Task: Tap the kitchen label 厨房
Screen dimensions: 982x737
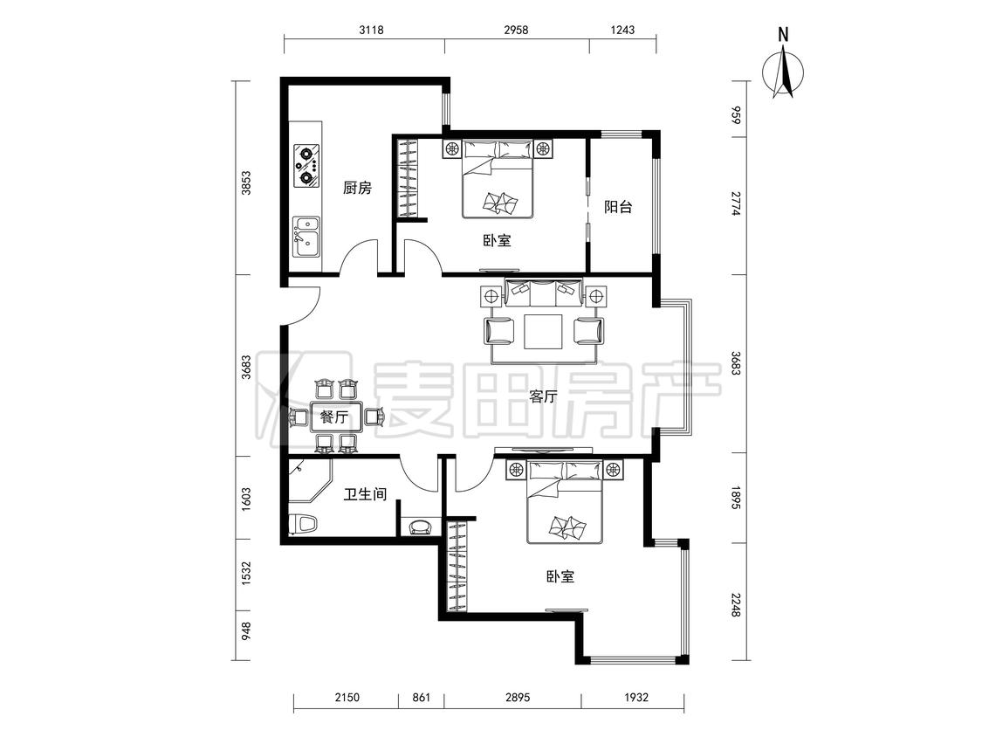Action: [358, 188]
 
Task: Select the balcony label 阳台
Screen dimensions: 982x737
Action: [618, 207]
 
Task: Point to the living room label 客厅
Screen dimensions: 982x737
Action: [543, 396]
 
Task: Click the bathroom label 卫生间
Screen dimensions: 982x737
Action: [365, 494]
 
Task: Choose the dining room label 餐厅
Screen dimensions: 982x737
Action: [334, 417]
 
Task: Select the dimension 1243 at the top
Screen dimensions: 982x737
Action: [622, 30]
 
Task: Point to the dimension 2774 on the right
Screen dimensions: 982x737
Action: [735, 203]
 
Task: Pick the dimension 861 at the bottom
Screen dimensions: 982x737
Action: [422, 697]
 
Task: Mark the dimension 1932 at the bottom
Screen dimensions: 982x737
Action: [635, 697]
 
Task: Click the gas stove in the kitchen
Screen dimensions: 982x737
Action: [307, 165]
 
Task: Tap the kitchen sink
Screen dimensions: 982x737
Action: [307, 237]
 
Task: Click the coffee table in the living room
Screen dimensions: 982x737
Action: [543, 331]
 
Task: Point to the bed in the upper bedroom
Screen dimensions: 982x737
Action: [498, 179]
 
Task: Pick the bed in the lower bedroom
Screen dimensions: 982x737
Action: [565, 502]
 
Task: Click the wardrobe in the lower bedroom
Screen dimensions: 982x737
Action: [457, 567]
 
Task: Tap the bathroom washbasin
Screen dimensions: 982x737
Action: [420, 527]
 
